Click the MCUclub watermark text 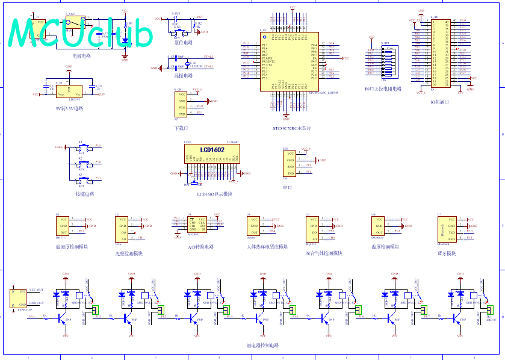tap(81, 33)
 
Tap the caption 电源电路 tap(82, 56)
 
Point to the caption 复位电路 tap(184, 43)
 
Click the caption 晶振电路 tap(184, 76)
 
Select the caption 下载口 tap(181, 128)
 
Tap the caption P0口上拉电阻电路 tap(383, 88)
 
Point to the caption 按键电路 tap(85, 194)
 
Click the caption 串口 tap(287, 188)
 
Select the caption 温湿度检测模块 tap(72, 247)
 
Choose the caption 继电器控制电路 tap(263, 346)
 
